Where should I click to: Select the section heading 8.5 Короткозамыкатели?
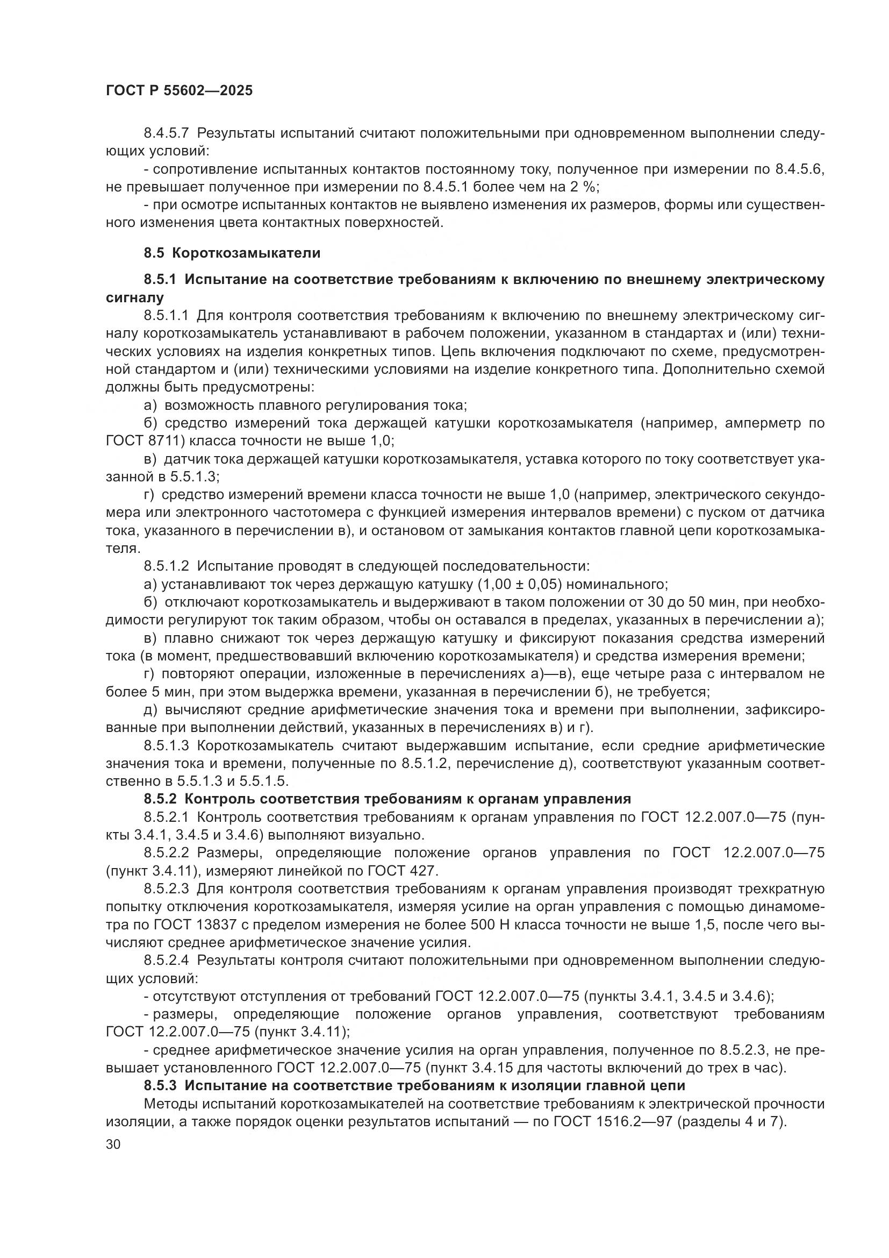232,253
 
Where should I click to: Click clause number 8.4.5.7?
166,134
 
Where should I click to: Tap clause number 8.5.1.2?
166,566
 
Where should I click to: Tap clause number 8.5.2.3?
166,889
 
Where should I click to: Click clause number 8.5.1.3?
166,745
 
